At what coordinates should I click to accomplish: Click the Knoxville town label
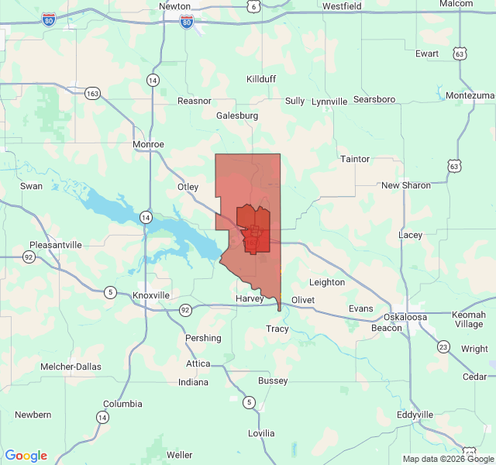(x=151, y=295)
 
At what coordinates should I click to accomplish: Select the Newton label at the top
(x=174, y=5)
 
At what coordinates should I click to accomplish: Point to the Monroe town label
(x=148, y=144)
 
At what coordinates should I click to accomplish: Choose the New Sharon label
(x=406, y=185)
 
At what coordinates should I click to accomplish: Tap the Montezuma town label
(x=470, y=95)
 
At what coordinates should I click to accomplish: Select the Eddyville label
(x=415, y=415)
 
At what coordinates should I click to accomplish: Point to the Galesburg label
(x=237, y=115)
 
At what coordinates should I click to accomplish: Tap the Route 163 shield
(x=93, y=93)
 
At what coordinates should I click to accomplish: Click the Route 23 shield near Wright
(x=443, y=346)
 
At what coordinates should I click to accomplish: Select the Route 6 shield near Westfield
(x=253, y=6)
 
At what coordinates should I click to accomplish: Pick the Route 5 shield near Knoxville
(x=111, y=292)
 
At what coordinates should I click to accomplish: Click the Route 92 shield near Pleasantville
(x=29, y=257)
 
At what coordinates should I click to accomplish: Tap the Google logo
(x=26, y=456)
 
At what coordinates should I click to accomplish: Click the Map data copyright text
(x=447, y=459)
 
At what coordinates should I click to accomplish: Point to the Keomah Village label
(x=468, y=319)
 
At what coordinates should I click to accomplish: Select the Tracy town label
(x=277, y=329)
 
